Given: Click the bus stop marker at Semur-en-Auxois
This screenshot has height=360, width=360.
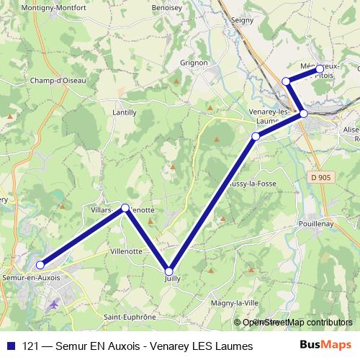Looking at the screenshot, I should click(40, 265).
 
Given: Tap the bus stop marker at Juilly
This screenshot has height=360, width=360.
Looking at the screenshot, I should click(169, 271).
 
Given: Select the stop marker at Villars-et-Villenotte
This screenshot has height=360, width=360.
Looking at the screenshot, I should click(125, 208).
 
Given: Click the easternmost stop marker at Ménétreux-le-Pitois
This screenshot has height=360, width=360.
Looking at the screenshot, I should click(320, 69).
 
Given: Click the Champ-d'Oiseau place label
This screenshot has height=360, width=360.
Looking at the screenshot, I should click(58, 81).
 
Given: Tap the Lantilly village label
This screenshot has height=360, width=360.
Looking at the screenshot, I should click(124, 112).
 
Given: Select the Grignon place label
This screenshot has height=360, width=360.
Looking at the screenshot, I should click(194, 63).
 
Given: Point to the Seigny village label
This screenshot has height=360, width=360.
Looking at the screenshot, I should click(243, 20).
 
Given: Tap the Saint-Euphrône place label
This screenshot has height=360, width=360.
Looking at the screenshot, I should click(130, 317).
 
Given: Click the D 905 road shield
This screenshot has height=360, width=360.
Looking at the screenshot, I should click(325, 176).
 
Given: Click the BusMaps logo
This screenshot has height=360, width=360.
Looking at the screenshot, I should click(326, 346).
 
